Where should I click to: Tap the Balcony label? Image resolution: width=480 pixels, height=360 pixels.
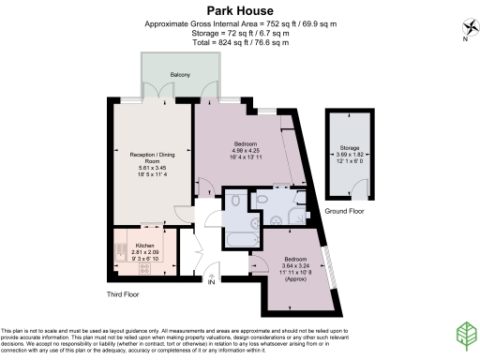[x=180, y=74]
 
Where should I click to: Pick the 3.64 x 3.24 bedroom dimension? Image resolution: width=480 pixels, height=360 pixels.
[x=294, y=263]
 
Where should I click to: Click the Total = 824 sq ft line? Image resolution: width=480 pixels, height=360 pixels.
[x=240, y=43]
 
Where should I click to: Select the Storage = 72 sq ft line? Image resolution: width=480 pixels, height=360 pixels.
[x=240, y=33]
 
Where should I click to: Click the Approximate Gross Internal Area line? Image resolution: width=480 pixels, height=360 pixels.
[x=240, y=23]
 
